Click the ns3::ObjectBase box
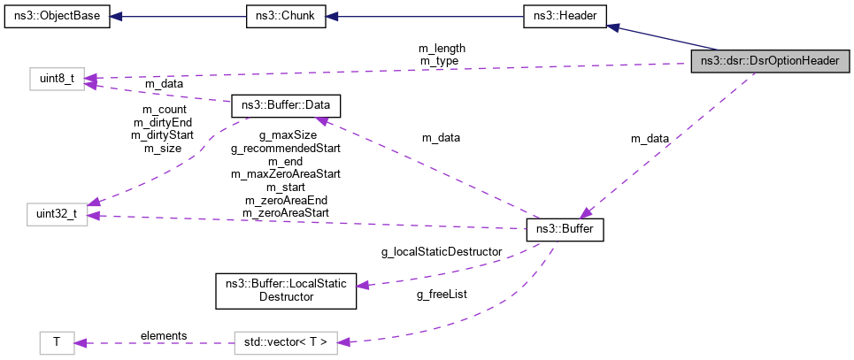[58, 17]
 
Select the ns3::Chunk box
[286, 17]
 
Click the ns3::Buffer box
[565, 230]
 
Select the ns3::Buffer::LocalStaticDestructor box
[286, 290]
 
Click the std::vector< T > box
[286, 341]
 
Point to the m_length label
[442, 48]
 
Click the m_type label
[439, 60]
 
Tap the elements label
[164, 335]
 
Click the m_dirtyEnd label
[162, 123]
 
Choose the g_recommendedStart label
[285, 149]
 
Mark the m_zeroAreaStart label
[285, 213]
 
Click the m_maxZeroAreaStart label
[285, 175]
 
